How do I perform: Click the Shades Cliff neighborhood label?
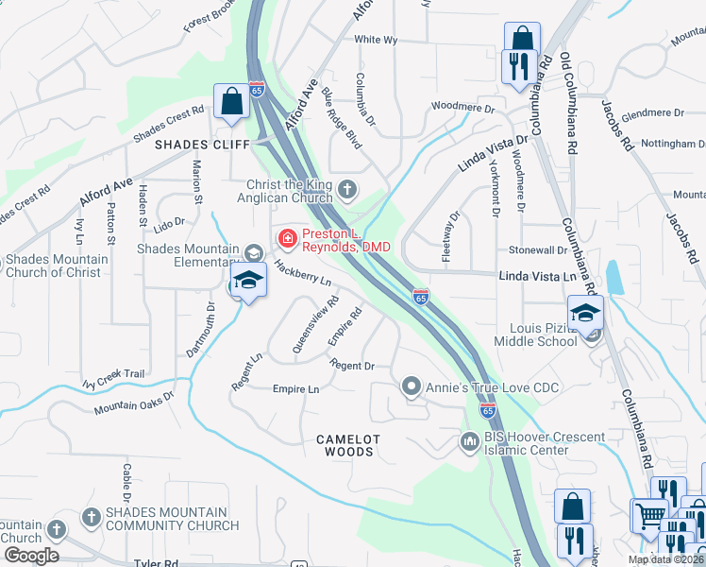203,145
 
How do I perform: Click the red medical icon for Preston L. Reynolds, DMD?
286,237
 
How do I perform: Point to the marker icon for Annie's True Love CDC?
411,386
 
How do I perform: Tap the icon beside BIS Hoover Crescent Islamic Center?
469,441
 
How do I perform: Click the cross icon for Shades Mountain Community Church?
91,517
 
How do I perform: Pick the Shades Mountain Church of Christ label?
56,266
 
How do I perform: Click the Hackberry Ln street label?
302,275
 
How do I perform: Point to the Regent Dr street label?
352,365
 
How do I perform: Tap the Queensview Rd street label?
315,326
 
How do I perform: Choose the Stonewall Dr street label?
537,250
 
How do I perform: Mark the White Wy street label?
376,40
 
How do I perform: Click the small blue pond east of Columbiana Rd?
615,277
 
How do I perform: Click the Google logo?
31,556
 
